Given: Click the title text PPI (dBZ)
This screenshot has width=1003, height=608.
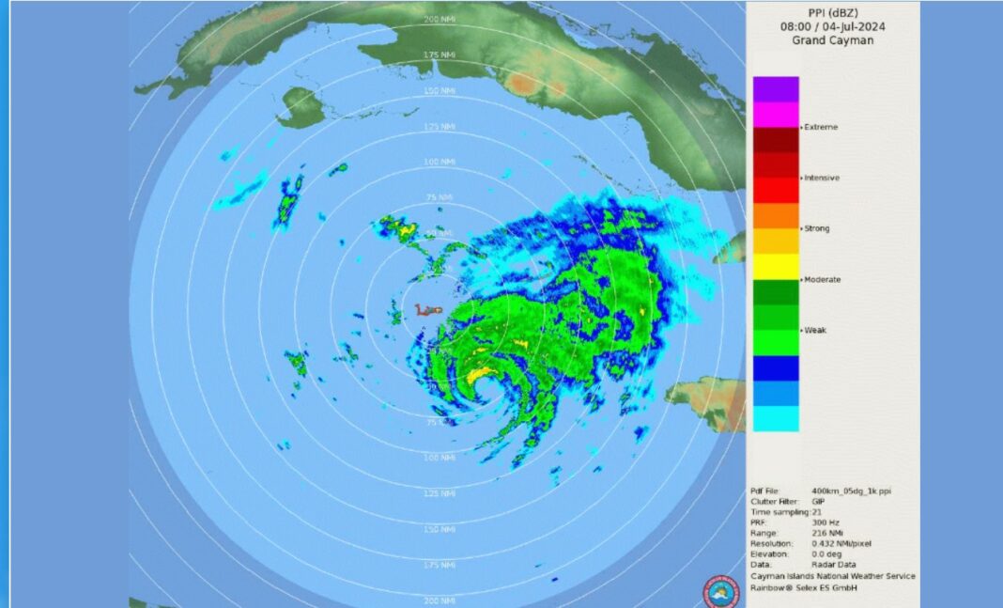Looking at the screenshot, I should [832, 13].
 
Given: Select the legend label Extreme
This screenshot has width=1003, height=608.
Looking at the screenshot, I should [821, 127].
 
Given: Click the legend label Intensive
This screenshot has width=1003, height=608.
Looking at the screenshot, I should [822, 178].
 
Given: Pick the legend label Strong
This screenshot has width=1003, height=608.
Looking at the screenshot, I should [818, 228].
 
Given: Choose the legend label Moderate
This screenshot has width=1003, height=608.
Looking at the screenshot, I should [822, 279].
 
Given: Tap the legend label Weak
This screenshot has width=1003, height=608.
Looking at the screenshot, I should [815, 330].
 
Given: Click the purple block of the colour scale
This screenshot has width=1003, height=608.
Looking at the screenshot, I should [776, 89].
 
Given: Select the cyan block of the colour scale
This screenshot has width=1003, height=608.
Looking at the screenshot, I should [776, 419].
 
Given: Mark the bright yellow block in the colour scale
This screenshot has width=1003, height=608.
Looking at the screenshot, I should [776, 267].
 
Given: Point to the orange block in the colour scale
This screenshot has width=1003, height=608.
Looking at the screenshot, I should [776, 215].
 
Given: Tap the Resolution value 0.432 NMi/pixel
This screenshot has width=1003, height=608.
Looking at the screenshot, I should [842, 544].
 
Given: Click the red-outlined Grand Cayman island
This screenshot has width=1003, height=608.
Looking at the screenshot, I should [429, 309].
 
